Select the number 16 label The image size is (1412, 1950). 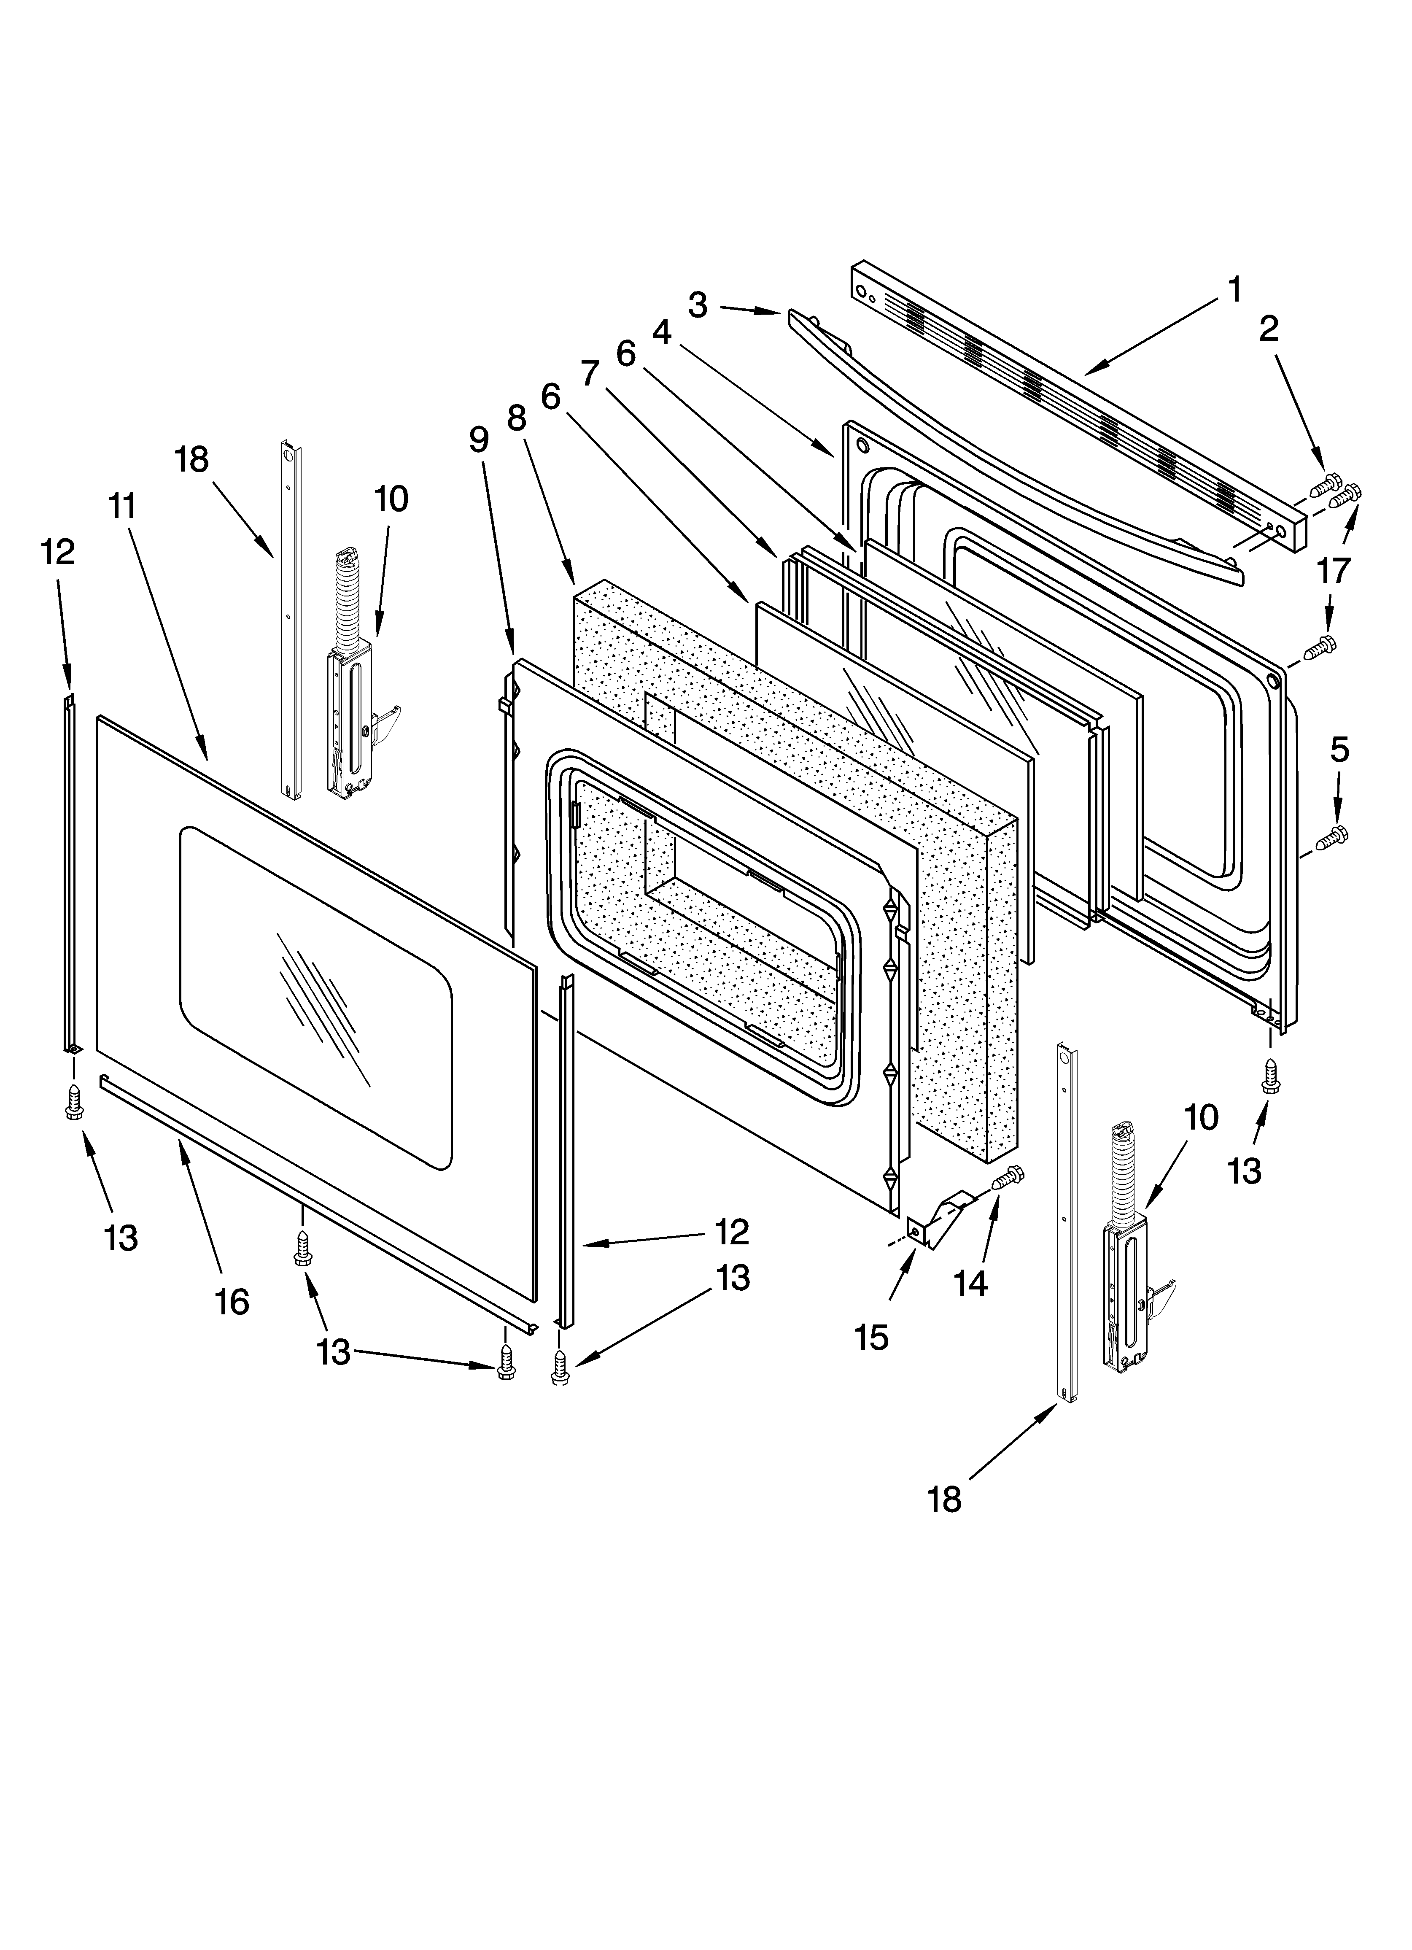232,1303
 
